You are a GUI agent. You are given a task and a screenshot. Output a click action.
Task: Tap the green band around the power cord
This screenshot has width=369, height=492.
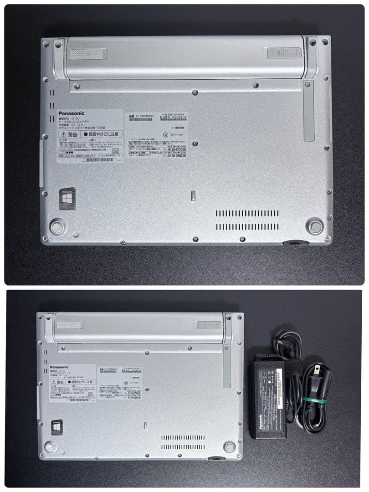313,401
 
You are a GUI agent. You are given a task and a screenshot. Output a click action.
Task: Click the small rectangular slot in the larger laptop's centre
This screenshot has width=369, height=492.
193,195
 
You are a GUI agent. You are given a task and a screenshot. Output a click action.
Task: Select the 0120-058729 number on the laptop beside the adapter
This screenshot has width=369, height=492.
132,398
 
